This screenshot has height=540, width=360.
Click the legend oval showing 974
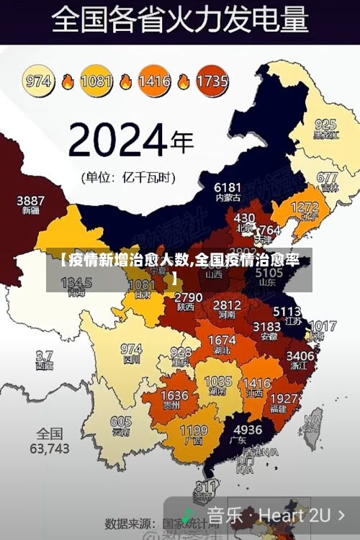coord(39,81)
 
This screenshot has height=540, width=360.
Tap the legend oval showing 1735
coord(212,81)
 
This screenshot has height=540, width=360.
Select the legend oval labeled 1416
coord(154,81)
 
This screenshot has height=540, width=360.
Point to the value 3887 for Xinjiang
coord(30,200)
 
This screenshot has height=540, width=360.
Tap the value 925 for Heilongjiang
coord(325,124)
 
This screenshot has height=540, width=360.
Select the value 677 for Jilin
coord(327,177)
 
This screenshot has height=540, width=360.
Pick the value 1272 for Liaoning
coord(304,207)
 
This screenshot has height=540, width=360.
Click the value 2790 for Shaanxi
coord(188,297)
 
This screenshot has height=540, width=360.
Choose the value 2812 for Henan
coord(227,305)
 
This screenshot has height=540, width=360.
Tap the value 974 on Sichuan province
coord(130,349)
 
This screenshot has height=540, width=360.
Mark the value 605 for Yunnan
coord(120,422)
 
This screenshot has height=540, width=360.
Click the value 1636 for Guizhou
coord(174,396)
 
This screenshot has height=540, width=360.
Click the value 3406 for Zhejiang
coord(300,355)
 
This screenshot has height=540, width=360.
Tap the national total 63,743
coord(49,449)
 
